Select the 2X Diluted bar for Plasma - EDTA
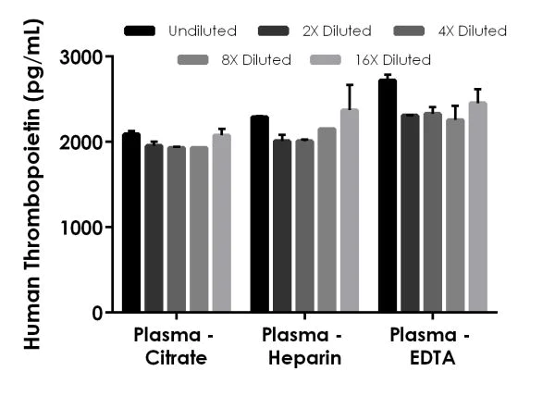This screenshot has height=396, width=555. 410,214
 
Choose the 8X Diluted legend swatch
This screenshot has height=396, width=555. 195,60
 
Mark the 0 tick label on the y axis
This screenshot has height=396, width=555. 95,313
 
